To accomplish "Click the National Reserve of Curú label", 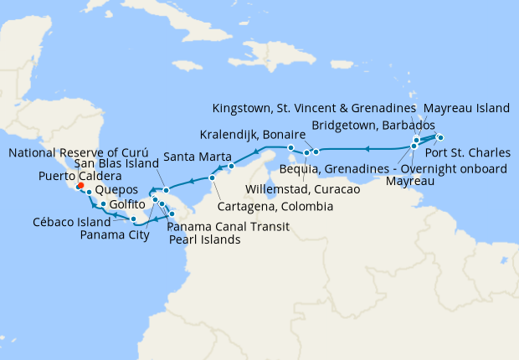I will [x=77, y=152].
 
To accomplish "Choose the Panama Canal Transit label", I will [x=229, y=227].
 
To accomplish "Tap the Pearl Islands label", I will [x=204, y=239].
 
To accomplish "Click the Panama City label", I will [x=114, y=234].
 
